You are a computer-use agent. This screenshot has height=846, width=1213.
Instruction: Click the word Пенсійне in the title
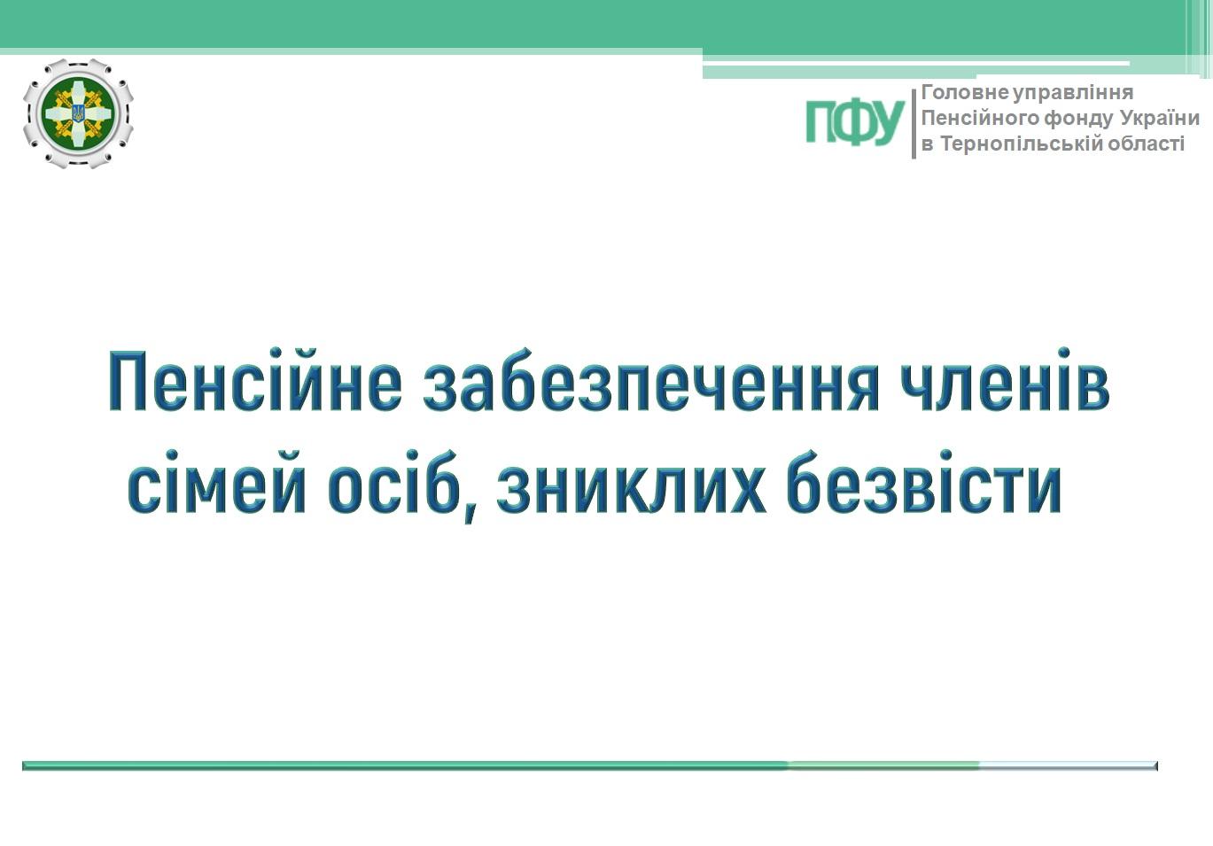(255, 381)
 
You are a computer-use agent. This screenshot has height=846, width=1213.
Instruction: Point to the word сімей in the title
(217, 481)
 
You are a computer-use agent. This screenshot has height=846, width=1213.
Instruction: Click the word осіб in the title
(394, 481)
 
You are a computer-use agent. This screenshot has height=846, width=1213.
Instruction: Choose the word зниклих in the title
(632, 481)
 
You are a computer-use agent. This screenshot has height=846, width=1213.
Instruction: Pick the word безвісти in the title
(924, 481)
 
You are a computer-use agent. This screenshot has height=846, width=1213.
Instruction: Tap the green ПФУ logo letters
(854, 122)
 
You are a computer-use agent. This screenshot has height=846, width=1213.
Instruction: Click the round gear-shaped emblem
(78, 113)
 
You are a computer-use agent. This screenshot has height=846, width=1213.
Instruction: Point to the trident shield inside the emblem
(78, 113)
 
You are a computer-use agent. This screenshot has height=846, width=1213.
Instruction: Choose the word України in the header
(1159, 118)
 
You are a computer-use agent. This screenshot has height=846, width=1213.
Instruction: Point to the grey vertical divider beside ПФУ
(914, 124)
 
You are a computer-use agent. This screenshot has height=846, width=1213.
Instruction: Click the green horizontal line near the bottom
(590, 766)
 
